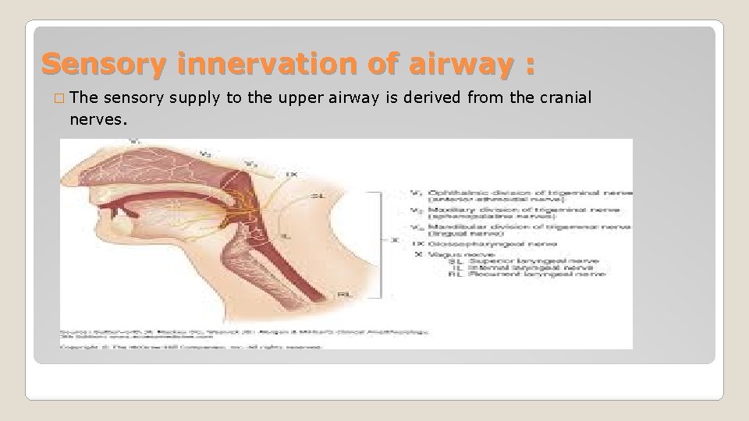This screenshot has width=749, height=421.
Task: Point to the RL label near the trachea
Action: click(x=344, y=295)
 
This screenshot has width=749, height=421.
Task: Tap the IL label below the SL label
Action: click(x=286, y=234)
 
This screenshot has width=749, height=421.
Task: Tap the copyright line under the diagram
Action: click(x=191, y=344)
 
